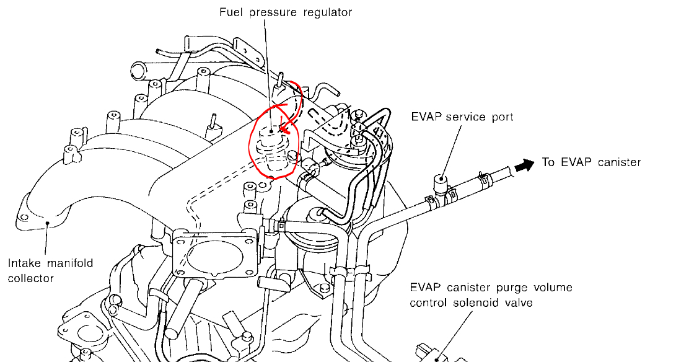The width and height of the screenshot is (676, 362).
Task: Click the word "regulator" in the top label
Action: point(327,12)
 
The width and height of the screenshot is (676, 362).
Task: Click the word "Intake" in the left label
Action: point(24,263)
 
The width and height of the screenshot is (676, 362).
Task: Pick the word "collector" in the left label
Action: point(30,278)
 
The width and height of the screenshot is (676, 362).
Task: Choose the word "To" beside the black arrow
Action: point(549,162)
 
